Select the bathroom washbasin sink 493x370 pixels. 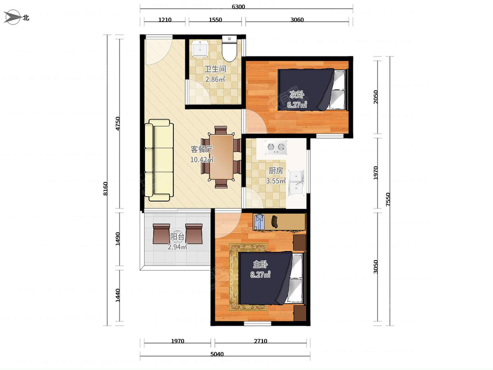(200, 49)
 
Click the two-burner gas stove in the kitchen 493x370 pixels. (276, 148)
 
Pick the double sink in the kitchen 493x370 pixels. (297, 183)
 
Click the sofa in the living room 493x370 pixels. (159, 160)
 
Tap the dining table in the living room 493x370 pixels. (221, 157)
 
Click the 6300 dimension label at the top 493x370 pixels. (238, 7)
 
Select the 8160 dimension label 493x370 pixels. (106, 189)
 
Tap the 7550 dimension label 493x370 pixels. (388, 199)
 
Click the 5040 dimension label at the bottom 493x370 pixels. (217, 354)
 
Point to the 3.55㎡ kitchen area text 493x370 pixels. (276, 180)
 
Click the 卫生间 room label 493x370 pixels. (215, 69)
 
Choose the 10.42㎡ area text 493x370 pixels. (202, 160)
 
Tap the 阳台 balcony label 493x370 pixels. (177, 236)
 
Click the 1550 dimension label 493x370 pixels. (215, 20)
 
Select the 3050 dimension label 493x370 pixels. (376, 267)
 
